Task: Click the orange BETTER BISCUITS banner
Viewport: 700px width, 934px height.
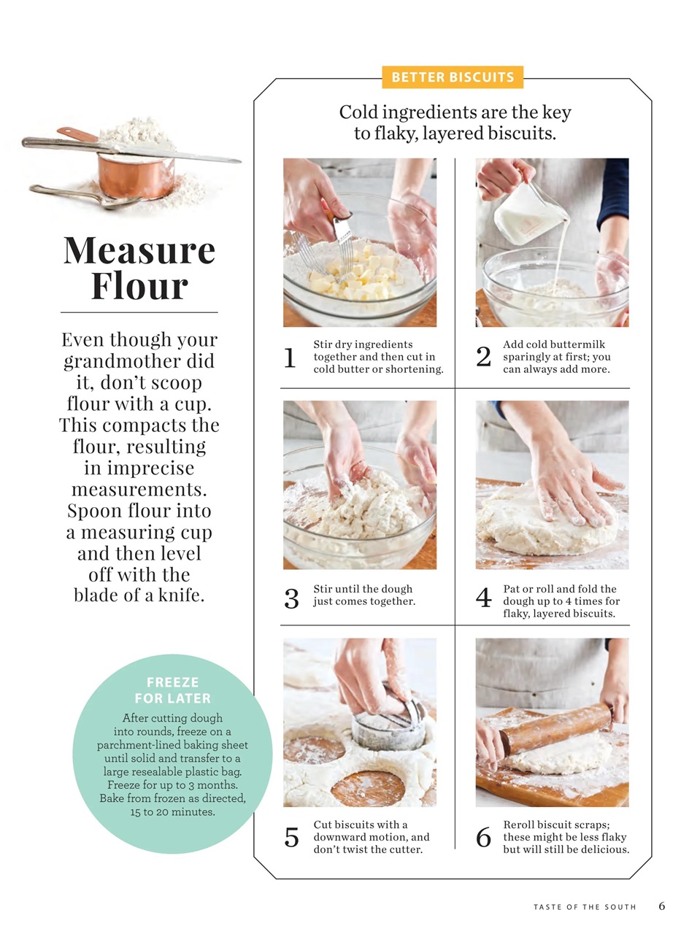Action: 453,77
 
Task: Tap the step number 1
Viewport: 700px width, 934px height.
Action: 290,358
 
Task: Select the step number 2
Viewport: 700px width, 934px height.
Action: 483,357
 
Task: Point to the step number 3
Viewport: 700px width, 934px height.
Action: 291,598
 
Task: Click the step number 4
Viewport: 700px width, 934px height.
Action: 483,598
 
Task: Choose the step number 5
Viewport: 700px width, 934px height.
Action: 291,837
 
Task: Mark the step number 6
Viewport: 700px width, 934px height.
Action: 483,837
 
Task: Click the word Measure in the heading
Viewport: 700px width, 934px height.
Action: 139,250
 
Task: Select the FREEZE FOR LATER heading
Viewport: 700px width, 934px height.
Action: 172,690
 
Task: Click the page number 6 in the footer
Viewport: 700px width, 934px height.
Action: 661,906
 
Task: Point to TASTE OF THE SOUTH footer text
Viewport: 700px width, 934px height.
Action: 585,907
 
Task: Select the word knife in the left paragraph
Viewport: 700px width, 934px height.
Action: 181,595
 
